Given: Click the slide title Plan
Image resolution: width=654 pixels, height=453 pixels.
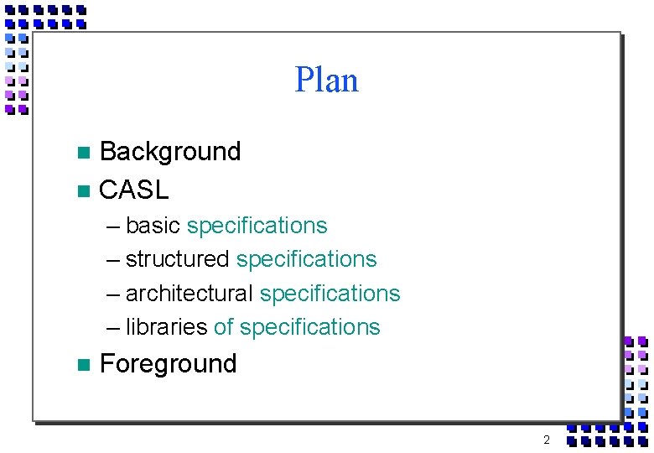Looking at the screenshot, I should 326,81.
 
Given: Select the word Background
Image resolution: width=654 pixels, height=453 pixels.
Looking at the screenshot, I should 169,152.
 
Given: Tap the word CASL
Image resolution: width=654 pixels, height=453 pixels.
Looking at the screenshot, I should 133,190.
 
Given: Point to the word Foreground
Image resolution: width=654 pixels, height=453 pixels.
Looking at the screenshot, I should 168,364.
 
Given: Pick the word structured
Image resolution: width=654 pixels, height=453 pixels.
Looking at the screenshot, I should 177,260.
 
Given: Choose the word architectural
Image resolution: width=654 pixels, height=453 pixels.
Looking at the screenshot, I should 189,294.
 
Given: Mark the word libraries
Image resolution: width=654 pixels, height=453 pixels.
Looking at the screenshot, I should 166,327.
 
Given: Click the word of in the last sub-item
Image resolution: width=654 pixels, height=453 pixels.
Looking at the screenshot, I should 224,327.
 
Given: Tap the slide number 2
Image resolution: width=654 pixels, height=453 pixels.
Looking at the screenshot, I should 546,440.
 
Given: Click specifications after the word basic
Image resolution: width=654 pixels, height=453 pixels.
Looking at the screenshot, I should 257,226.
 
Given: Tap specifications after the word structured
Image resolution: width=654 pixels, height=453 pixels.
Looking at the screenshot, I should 306,260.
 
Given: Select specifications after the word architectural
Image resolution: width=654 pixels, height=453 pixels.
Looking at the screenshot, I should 330,294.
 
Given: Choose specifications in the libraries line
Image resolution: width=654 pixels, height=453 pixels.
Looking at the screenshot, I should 309,327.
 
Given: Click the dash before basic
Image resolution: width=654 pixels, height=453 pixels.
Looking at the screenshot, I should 113,226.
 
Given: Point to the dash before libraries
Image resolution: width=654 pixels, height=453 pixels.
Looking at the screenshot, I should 113,327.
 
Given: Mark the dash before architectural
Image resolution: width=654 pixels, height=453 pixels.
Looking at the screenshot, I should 113,294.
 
